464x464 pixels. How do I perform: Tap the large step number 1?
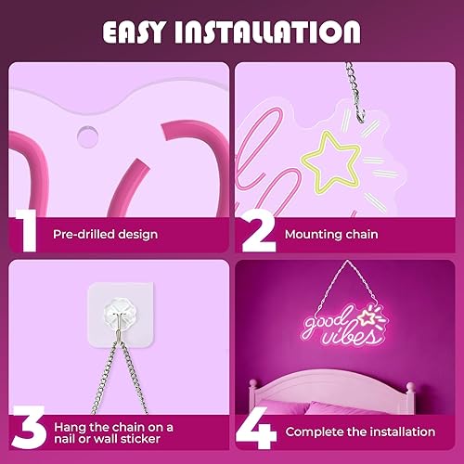[27, 231]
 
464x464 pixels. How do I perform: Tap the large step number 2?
[258, 231]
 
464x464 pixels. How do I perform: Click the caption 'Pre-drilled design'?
[105, 235]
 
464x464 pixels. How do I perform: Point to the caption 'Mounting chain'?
[331, 235]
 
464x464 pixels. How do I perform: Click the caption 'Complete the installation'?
[360, 432]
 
